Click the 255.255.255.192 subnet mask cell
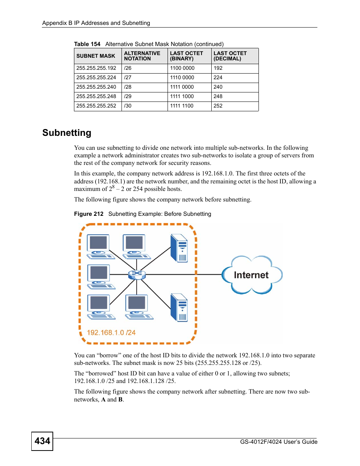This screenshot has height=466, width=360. click(96, 68)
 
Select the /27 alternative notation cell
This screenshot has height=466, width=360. click(128, 78)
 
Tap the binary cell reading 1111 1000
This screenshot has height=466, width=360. click(182, 97)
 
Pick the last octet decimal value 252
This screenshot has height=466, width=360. click(218, 106)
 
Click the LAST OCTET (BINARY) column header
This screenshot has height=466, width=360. click(186, 56)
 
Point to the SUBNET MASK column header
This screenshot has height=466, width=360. click(96, 56)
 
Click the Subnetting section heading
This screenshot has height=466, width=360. click(67, 133)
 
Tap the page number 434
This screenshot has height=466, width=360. click(42, 441)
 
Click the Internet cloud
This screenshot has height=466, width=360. click(251, 275)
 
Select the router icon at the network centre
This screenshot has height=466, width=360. click(137, 274)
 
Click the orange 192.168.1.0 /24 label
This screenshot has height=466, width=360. click(111, 332)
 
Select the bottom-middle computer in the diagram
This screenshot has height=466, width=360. click(138, 307)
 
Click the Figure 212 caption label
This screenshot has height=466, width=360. click(89, 214)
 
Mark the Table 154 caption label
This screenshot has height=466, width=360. click(87, 44)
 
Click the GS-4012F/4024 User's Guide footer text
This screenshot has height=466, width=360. click(278, 442)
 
